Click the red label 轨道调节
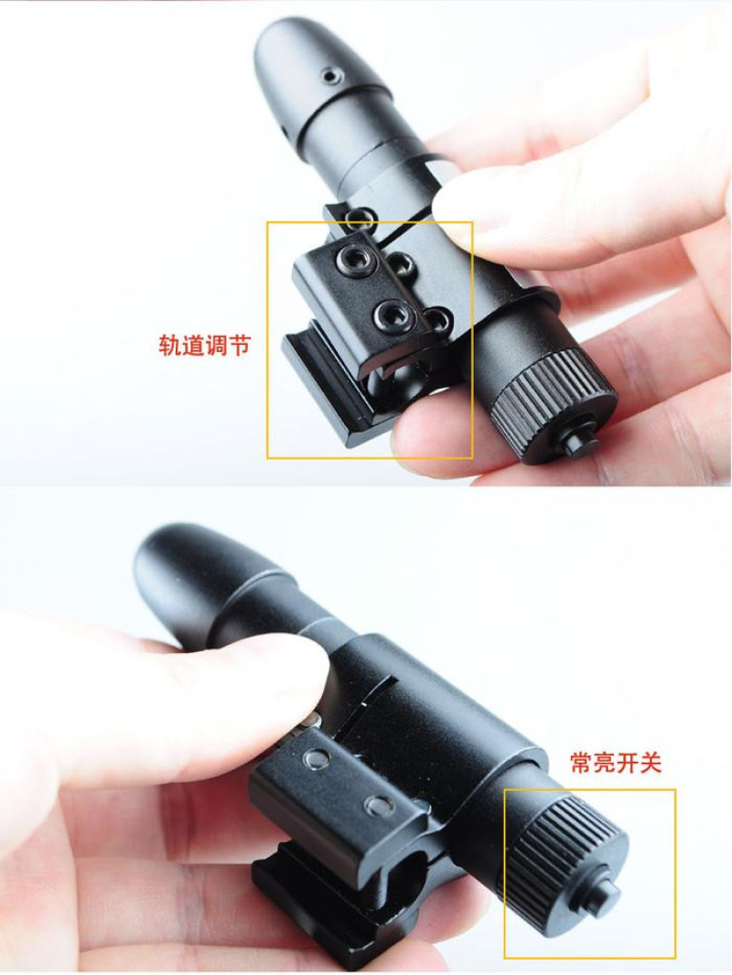coord(204,344)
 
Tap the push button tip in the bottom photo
coord(607,891)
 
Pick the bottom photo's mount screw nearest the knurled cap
coord(378,808)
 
